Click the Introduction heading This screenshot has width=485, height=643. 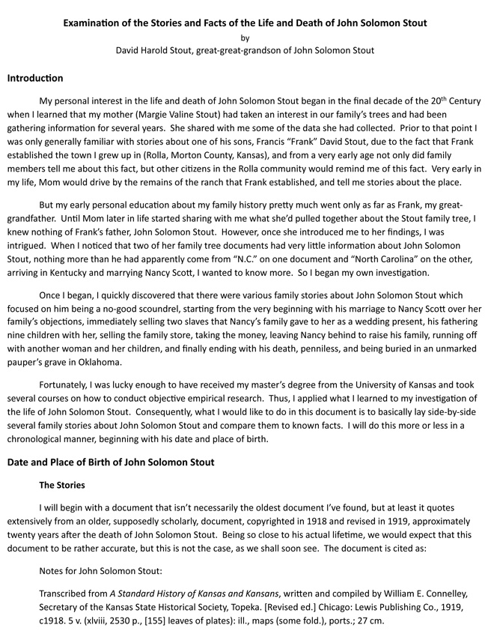[35, 78]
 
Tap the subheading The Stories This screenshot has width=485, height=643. [61, 485]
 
